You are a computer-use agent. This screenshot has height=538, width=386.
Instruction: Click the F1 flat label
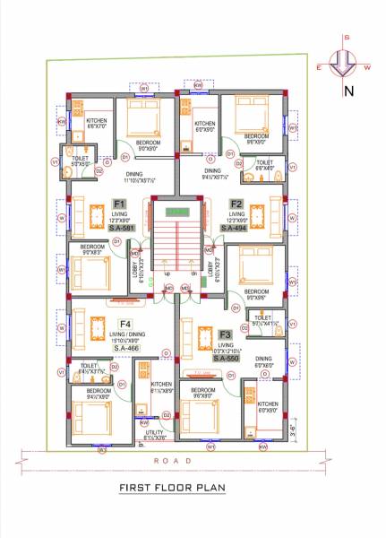pyautogui.click(x=118, y=204)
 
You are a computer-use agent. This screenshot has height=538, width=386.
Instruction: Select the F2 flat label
pyautogui.click(x=236, y=204)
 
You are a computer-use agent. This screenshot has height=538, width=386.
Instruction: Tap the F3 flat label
pyautogui.click(x=226, y=334)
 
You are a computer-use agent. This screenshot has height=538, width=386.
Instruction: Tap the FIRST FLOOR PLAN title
pyautogui.click(x=171, y=489)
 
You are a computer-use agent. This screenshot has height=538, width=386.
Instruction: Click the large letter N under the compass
pyautogui.click(x=349, y=91)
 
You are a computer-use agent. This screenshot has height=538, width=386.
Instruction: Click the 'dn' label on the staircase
pyautogui.click(x=194, y=273)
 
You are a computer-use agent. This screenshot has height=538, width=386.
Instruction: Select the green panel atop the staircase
pyautogui.click(x=178, y=212)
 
